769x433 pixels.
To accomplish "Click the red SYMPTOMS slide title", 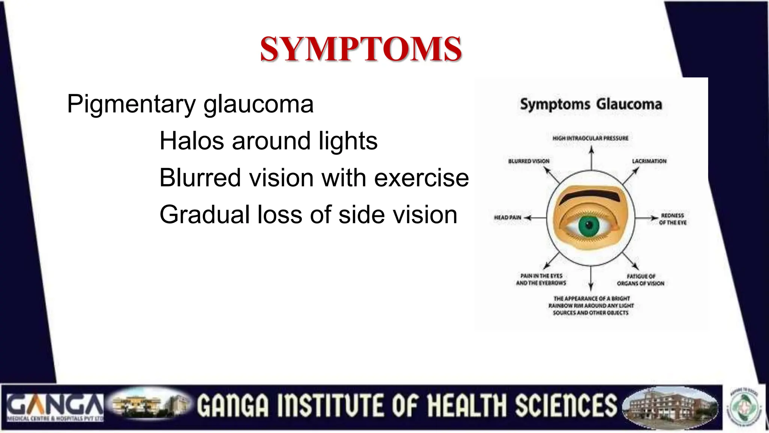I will pyautogui.click(x=360, y=49).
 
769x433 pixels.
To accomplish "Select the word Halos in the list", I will pyautogui.click(x=192, y=141).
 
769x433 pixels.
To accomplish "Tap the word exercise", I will pyautogui.click(x=421, y=178).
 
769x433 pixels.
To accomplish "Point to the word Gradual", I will pyautogui.click(x=205, y=215).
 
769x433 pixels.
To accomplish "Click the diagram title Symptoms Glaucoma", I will pyautogui.click(x=591, y=104).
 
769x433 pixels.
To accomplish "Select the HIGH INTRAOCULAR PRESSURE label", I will pyautogui.click(x=590, y=138).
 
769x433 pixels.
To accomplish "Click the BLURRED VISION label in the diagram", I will pyautogui.click(x=529, y=161).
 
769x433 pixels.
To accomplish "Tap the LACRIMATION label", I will pyautogui.click(x=649, y=161).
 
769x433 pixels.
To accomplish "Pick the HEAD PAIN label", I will pyautogui.click(x=507, y=217).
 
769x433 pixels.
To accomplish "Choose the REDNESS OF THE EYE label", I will pyautogui.click(x=672, y=219).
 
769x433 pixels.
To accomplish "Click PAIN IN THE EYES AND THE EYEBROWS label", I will pyautogui.click(x=541, y=279).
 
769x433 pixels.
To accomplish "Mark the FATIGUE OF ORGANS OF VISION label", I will pyautogui.click(x=641, y=280).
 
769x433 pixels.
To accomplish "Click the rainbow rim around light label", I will pyautogui.click(x=591, y=305).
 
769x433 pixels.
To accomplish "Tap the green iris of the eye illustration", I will pyautogui.click(x=589, y=226).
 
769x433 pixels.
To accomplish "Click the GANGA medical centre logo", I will pyautogui.click(x=55, y=407).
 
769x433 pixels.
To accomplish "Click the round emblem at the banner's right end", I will pyautogui.click(x=745, y=407).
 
